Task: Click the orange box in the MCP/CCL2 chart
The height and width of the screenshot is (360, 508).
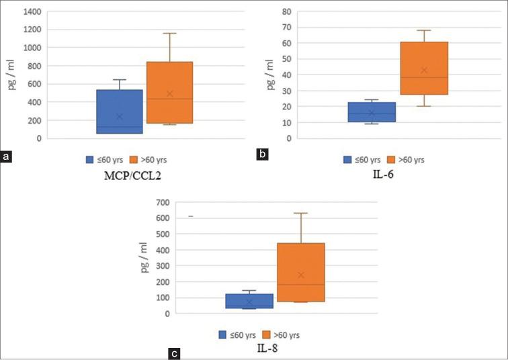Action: (x=170, y=93)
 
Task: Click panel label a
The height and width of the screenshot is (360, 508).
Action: (x=7, y=157)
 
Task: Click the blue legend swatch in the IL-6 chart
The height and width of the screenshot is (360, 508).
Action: (x=348, y=160)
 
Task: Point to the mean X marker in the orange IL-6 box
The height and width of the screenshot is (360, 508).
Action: (x=424, y=70)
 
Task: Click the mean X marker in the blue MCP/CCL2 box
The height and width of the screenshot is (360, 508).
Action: (x=120, y=116)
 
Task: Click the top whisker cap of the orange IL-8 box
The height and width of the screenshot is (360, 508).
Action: (x=301, y=213)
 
